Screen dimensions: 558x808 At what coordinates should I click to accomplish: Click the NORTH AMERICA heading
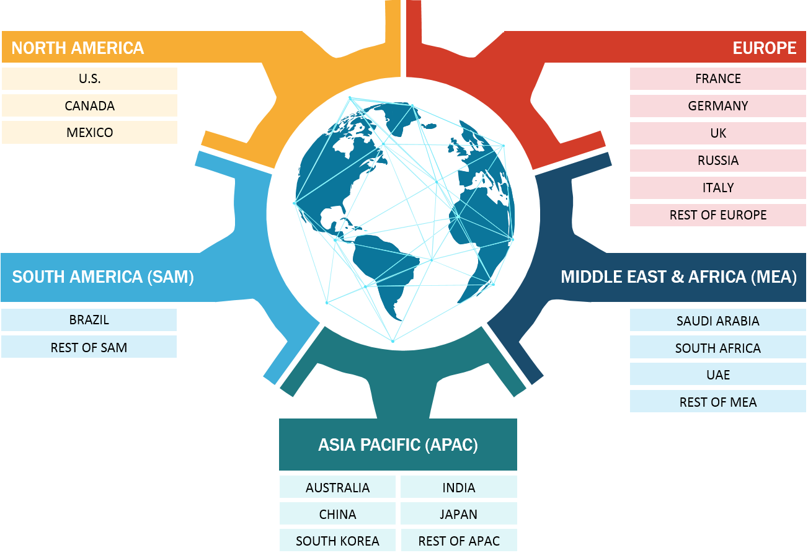pos(78,48)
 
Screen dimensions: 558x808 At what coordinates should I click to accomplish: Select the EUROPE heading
pos(764,48)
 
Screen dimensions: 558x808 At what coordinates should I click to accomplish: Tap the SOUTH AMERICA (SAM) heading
pos(103,277)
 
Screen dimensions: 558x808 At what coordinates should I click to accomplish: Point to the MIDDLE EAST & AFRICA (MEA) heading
pos(678,277)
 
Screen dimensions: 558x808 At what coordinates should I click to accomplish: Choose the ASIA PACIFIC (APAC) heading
pos(398,445)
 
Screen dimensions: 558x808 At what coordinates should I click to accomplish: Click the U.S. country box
pos(89,79)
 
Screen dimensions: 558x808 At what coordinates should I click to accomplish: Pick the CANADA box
pos(89,105)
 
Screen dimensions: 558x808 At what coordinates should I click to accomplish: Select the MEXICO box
pos(89,132)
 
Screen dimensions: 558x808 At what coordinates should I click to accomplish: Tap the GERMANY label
pos(718,106)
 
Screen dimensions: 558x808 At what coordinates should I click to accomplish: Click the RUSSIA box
pos(718,161)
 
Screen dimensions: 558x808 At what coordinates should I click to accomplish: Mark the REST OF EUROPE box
pos(718,215)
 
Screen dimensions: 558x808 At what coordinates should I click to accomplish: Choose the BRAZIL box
pos(89,320)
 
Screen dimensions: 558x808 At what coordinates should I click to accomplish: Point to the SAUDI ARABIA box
pos(718,321)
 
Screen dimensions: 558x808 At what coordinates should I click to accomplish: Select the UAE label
pos(718,374)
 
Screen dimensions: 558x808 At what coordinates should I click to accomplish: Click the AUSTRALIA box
pos(337,487)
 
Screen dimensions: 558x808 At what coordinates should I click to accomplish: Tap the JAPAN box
pos(459,514)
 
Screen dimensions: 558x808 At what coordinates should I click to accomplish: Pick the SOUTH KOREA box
pos(337,541)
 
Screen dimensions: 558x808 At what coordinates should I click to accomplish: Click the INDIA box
pos(459,487)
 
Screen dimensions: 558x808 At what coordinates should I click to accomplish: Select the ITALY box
pos(718,188)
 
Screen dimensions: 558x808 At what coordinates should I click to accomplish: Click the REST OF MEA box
pos(718,402)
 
